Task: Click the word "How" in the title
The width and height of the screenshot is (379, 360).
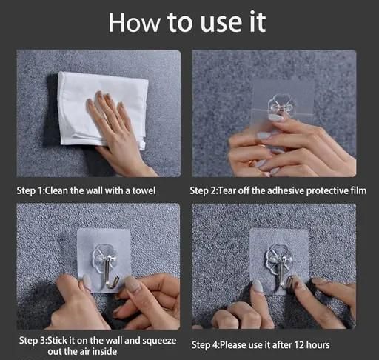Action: (134, 22)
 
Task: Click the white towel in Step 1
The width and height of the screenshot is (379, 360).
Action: (103, 110)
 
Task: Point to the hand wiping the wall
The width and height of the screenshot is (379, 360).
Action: (119, 131)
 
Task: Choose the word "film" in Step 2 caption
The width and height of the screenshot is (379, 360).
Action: (358, 190)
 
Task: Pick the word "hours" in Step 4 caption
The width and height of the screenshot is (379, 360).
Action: (318, 345)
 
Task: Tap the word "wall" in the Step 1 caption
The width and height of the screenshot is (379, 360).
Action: (95, 190)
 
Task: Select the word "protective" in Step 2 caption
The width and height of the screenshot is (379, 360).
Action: (327, 191)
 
